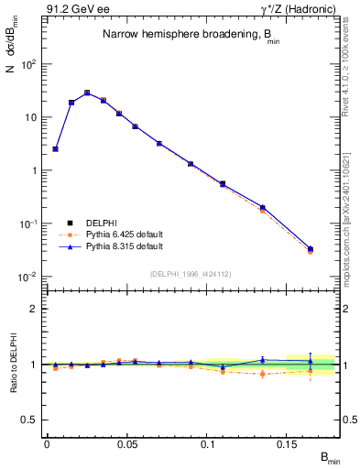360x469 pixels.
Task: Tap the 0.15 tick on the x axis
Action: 287,444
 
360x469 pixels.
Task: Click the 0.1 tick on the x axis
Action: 207,444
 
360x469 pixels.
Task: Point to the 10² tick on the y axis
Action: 29,64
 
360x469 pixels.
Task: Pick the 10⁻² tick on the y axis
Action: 29,277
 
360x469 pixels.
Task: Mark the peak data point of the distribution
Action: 87,93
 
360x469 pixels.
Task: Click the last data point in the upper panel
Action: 310,249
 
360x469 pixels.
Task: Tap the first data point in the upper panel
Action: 55,148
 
